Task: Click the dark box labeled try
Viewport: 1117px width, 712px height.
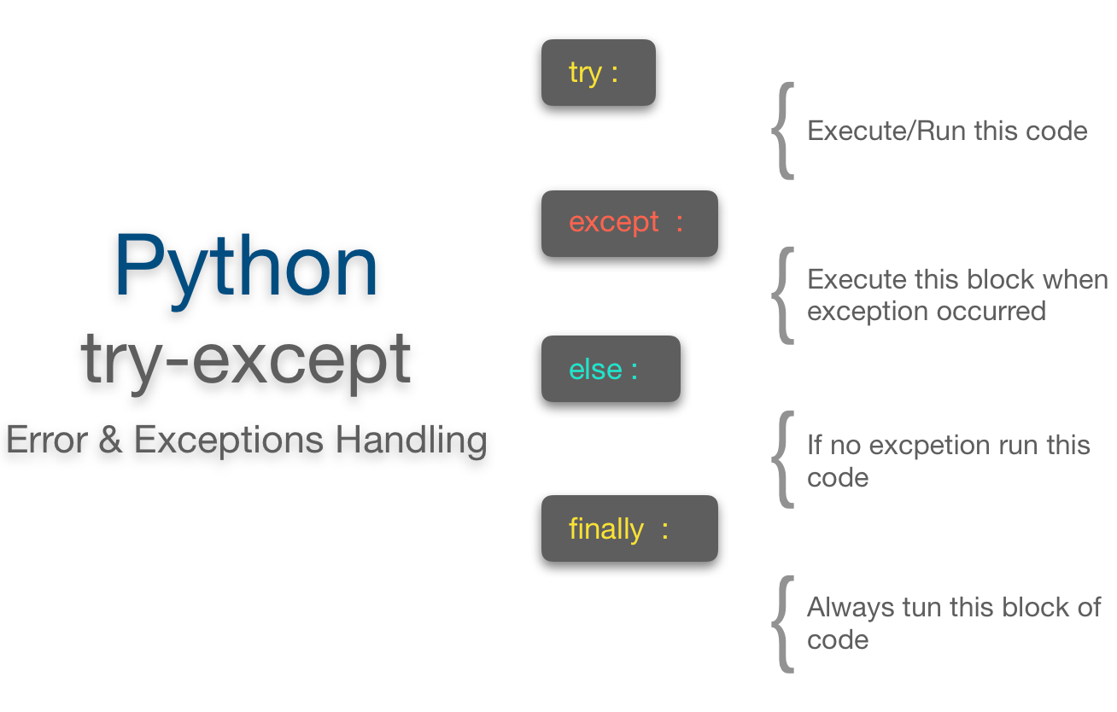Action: coord(598,73)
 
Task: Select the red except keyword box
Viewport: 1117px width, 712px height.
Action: coord(629,223)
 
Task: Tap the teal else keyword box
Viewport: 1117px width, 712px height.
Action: coord(611,369)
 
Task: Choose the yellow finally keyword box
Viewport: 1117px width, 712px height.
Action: coord(629,528)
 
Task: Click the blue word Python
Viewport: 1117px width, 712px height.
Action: coord(246,267)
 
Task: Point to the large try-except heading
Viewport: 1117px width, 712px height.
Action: coord(246,359)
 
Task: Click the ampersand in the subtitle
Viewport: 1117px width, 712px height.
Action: coord(110,441)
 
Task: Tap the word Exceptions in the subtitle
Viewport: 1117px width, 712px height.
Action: coord(229,441)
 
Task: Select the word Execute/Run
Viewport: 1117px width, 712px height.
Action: coord(880,131)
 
